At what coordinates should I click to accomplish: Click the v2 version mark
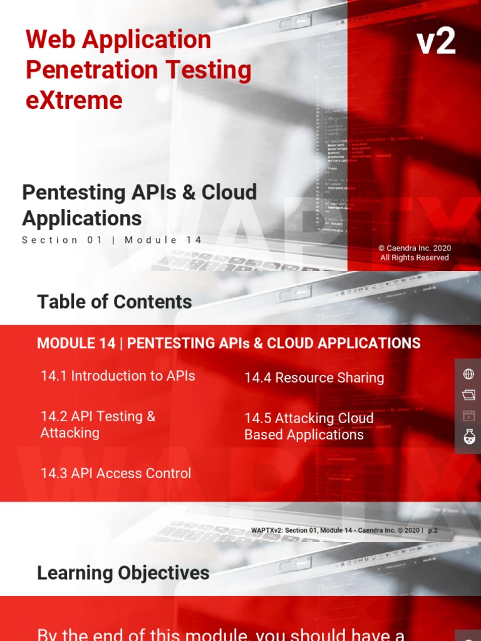coord(436,43)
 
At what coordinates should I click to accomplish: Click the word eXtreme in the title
coord(74,100)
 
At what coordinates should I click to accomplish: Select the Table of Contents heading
coord(115,302)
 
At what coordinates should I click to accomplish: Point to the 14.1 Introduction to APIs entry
coord(118,376)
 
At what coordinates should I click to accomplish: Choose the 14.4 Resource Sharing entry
coord(314,377)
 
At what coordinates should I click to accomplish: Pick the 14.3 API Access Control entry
coord(116,473)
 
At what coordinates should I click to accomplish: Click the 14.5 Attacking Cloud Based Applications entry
coord(309,426)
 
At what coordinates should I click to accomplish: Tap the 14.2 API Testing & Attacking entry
coord(98,424)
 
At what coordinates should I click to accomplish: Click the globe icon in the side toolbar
coord(468,374)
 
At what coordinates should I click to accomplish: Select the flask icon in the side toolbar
coord(468,437)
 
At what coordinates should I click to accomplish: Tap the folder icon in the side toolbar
coord(468,395)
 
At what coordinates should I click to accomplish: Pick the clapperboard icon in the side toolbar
coord(468,416)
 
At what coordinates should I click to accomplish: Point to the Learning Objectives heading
coord(123,573)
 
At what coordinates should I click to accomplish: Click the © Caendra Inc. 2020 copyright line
coord(415,248)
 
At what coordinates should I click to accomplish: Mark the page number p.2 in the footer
coord(433,530)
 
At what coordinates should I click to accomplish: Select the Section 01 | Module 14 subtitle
coord(112,240)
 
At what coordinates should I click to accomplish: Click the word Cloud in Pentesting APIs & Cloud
coord(229,192)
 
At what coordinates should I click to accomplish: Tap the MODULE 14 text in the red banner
coord(76,343)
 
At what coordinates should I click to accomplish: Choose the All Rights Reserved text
coord(415,257)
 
